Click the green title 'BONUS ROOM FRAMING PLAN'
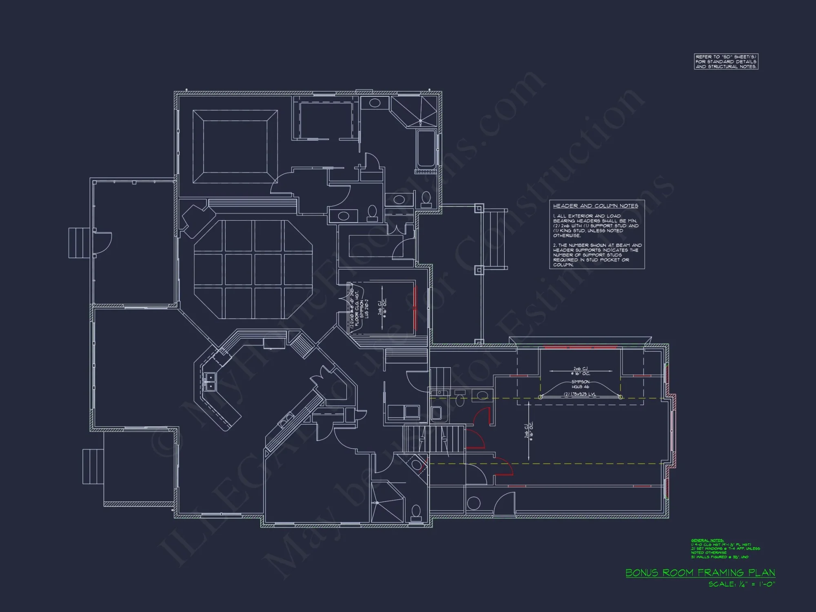coord(700,573)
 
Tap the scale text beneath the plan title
coord(741,584)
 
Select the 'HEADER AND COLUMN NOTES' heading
coord(595,206)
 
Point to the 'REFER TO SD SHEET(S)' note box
coord(726,62)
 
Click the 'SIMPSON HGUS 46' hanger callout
coord(580,384)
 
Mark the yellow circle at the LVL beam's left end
coord(541,397)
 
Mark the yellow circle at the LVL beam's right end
coord(620,397)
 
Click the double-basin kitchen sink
coord(210,381)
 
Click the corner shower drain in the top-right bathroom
coord(420,121)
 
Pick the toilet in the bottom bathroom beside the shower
coord(416,512)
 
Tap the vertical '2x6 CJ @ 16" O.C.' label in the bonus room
coord(529,430)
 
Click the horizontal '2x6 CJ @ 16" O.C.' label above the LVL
coord(580,371)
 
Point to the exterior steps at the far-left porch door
coord(79,243)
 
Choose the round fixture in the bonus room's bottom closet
coord(473,503)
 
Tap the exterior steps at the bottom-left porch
coord(93,466)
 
